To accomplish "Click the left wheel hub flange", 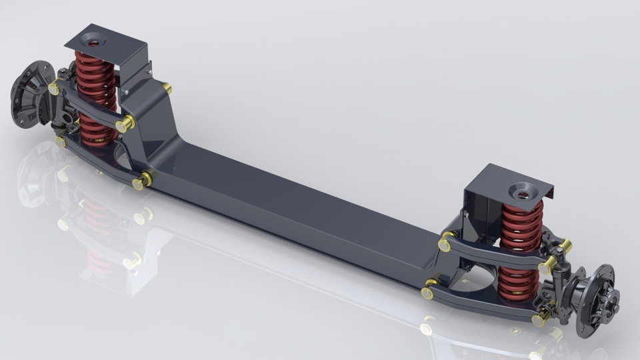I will [31, 93].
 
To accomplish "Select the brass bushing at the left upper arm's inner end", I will [124, 124].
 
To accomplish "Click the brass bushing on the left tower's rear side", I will [167, 88].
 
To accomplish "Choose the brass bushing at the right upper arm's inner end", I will [445, 244].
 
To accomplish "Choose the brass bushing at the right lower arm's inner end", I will [428, 292].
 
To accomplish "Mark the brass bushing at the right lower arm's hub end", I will [539, 319].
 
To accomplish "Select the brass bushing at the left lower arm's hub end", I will [61, 141].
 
